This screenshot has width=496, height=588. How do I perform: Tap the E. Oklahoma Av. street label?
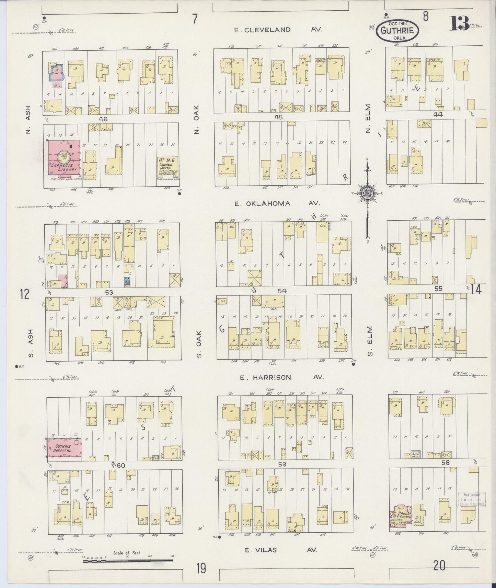[x=277, y=203]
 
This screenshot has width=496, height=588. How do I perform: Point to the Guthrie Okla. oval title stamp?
[x=397, y=31]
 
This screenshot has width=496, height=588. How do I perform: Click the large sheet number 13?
[x=460, y=23]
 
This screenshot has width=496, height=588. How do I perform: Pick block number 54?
[x=282, y=291]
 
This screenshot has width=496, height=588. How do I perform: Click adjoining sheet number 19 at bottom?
[x=201, y=568]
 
